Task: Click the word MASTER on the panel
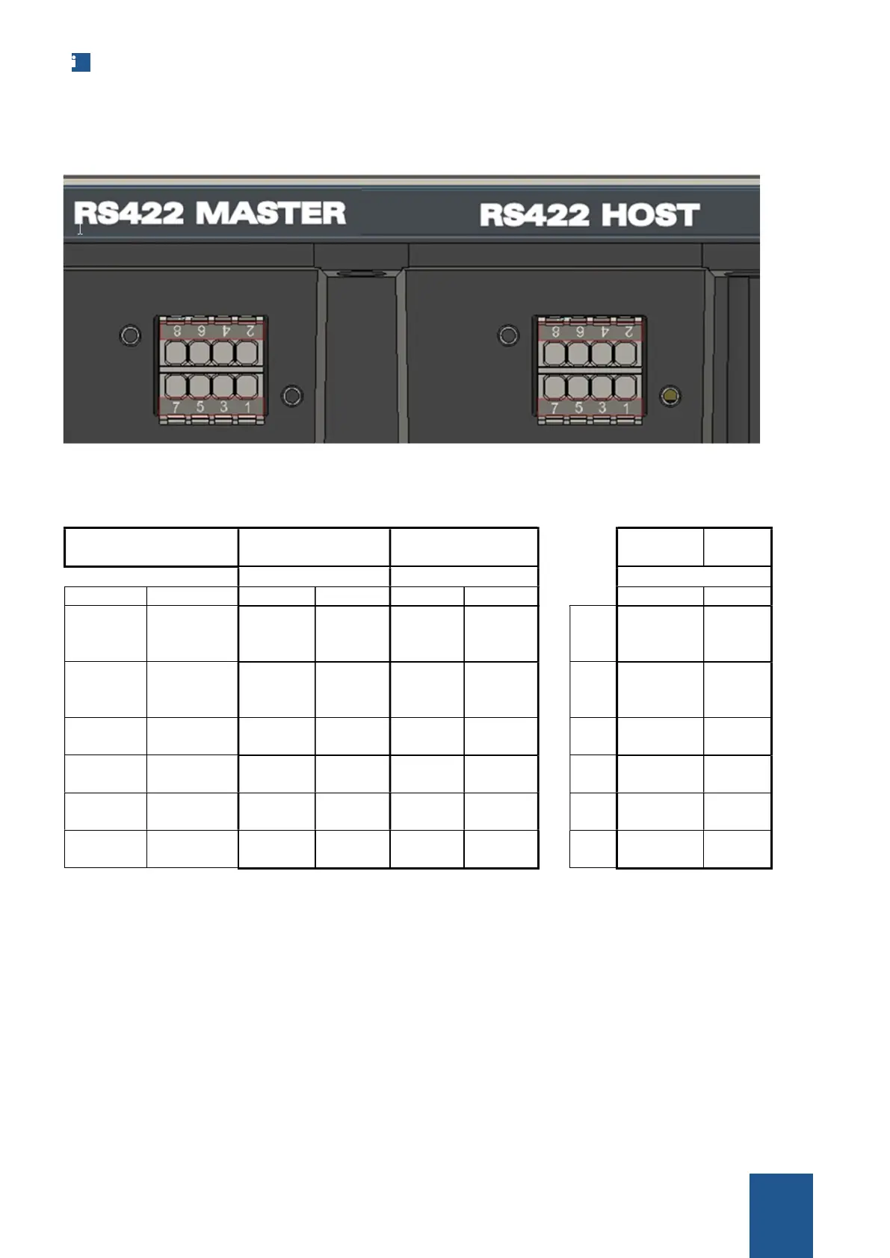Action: [271, 214]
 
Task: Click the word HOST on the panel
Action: [649, 215]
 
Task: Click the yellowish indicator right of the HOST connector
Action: [670, 395]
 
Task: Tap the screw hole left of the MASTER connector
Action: [130, 335]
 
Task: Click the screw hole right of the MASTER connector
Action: [291, 395]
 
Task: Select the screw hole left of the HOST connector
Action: [508, 335]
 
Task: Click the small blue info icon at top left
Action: [81, 63]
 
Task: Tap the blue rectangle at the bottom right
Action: [780, 1215]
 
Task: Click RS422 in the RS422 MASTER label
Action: [129, 214]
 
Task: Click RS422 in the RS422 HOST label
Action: [534, 215]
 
